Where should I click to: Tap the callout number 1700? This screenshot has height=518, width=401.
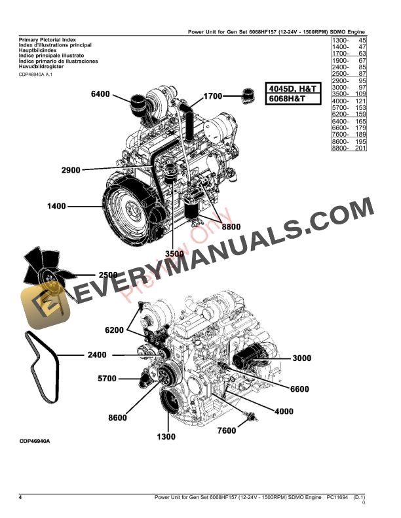(x=214, y=96)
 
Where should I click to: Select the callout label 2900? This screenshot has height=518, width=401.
(x=70, y=170)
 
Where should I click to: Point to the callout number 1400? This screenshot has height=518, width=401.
(x=56, y=207)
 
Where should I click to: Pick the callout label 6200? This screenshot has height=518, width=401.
(x=114, y=330)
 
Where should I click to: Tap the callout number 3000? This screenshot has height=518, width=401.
(x=301, y=358)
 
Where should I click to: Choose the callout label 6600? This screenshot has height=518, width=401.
(x=299, y=389)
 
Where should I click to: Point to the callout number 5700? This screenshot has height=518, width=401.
(x=107, y=378)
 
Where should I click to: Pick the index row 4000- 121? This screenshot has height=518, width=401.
(x=349, y=101)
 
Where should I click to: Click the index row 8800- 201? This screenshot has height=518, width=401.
(x=349, y=148)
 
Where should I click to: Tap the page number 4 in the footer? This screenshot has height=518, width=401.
(x=20, y=498)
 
